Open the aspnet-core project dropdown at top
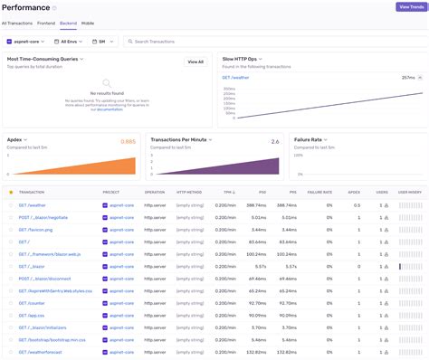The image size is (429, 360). coord(26,42)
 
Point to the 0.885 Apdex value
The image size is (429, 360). coord(128,142)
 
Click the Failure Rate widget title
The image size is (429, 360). coord(309,140)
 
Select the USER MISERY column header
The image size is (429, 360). coord(409,192)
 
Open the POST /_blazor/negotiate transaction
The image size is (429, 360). coord(43,217)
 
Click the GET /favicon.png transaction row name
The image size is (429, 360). coord(36,230)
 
